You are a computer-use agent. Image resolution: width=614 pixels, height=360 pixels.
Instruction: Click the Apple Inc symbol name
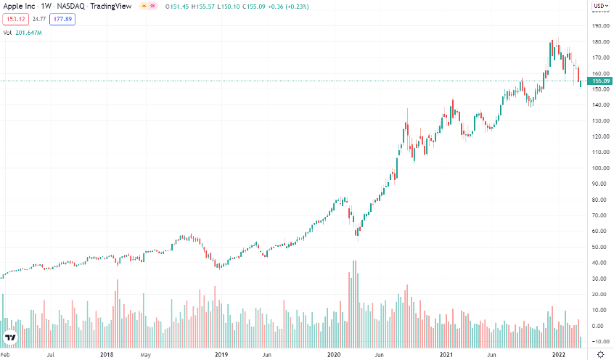[20, 7]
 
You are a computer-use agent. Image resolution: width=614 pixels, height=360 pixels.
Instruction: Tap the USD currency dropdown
[599, 7]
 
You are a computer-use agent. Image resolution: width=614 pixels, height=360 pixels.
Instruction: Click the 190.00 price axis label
[599, 26]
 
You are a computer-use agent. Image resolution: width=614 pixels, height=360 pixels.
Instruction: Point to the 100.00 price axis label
[599, 168]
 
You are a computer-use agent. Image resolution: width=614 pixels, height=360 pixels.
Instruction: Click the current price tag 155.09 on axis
[599, 81]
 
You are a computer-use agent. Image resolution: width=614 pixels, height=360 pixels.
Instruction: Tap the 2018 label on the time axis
[107, 355]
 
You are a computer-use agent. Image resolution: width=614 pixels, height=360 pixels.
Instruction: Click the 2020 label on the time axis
[334, 355]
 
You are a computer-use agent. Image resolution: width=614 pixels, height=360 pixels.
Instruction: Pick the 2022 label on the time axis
[559, 355]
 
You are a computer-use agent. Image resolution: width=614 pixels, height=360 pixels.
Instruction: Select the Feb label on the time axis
[6, 355]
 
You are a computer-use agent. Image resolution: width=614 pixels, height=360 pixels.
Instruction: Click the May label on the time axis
[145, 355]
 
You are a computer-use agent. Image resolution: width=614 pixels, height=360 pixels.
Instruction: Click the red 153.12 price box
[15, 19]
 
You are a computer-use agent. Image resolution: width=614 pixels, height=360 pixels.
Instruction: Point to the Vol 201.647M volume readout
[23, 33]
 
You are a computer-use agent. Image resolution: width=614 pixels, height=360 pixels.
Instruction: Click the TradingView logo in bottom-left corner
[10, 338]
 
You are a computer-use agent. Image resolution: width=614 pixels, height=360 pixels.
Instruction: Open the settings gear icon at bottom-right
[600, 354]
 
